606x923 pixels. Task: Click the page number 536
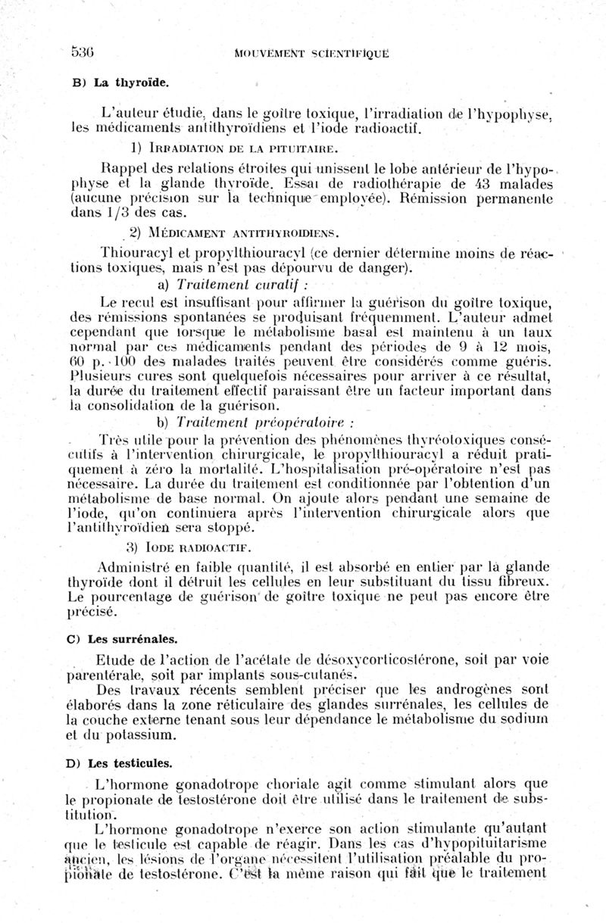click(81, 51)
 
